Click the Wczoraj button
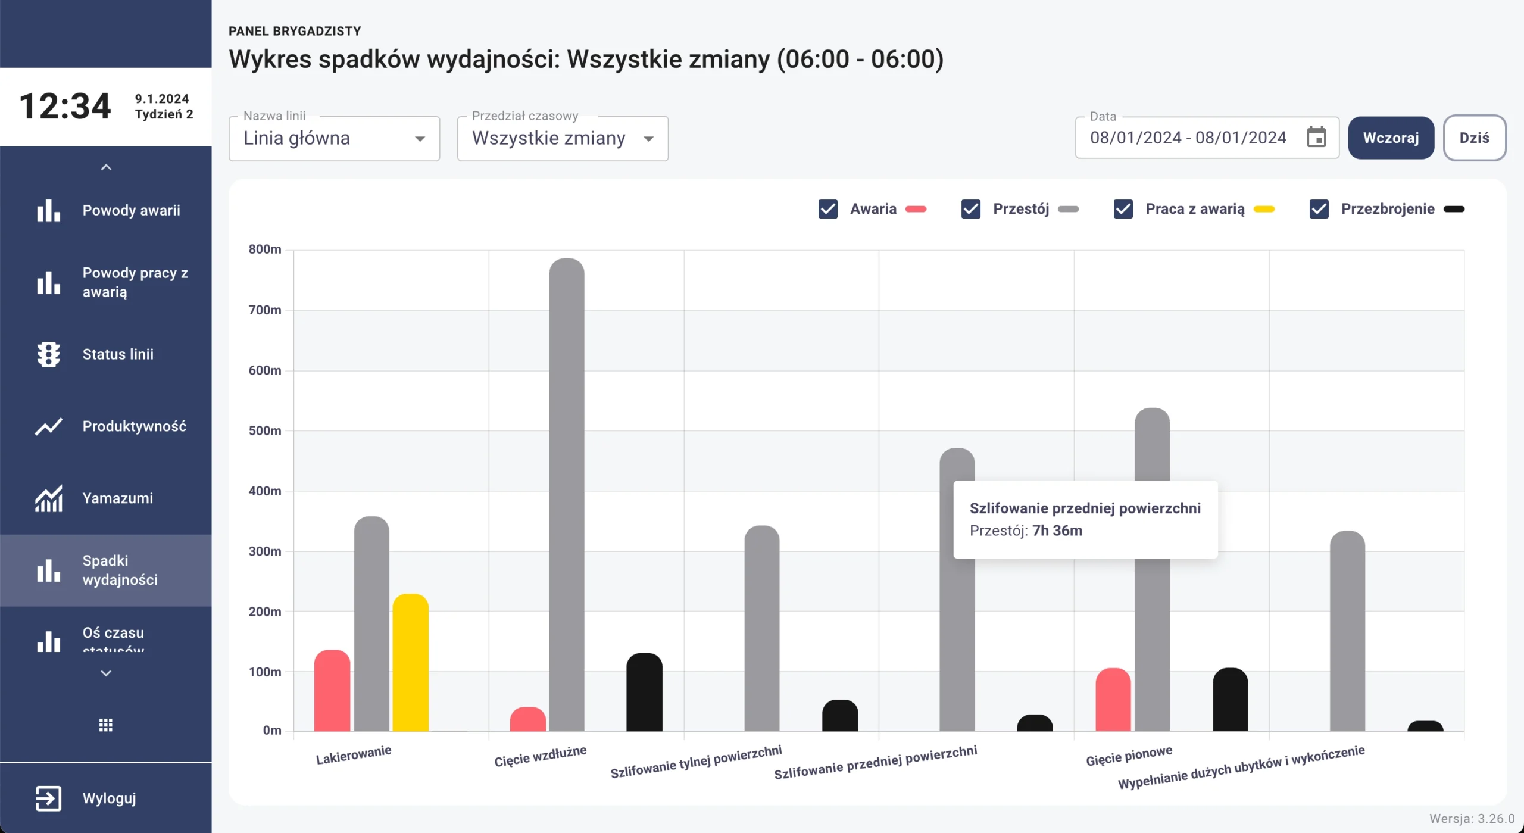tap(1391, 138)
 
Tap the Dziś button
tap(1474, 138)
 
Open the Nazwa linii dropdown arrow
tap(420, 139)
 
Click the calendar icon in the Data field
tap(1316, 138)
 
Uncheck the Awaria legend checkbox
tap(827, 209)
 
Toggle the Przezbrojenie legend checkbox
tap(1319, 209)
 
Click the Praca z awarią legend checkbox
tap(1123, 209)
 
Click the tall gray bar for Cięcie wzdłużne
tap(566, 494)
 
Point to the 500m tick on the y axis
tap(265, 430)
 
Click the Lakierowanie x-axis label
tap(354, 755)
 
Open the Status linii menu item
tap(118, 354)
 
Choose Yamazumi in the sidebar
tap(117, 498)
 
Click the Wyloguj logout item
tap(109, 798)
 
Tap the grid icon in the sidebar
tap(106, 725)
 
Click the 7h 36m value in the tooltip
tap(1057, 531)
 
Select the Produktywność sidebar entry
tap(134, 426)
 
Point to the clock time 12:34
tap(65, 107)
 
